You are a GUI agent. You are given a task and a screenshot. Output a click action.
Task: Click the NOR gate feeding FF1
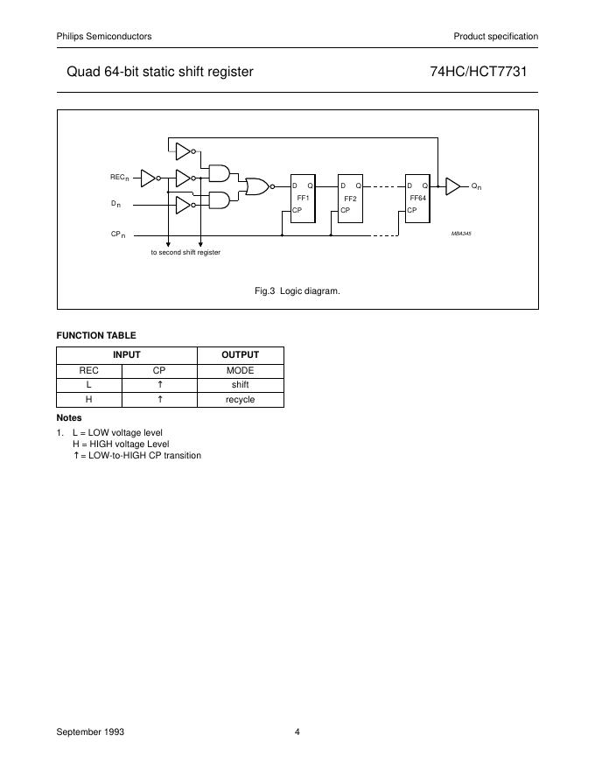pyautogui.click(x=257, y=185)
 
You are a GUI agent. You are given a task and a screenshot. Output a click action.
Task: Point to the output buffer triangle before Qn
pyautogui.click(x=452, y=185)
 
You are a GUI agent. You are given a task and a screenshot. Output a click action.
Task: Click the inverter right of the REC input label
pyautogui.click(x=150, y=178)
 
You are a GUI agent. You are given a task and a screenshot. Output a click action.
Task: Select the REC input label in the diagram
pyautogui.click(x=119, y=178)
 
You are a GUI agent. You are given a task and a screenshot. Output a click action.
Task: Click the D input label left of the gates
pyautogui.click(x=115, y=204)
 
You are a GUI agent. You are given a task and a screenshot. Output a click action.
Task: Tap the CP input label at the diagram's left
pyautogui.click(x=117, y=234)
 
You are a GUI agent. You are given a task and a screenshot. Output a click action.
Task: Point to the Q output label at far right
pyautogui.click(x=476, y=186)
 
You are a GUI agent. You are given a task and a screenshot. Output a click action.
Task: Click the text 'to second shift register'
pyautogui.click(x=185, y=252)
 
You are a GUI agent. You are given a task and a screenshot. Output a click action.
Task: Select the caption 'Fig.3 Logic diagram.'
pyautogui.click(x=297, y=290)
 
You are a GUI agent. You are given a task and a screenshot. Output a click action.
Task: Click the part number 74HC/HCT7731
pyautogui.click(x=478, y=72)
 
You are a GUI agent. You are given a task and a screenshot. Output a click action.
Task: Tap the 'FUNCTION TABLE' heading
pyautogui.click(x=96, y=335)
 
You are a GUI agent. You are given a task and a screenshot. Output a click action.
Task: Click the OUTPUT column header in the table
pyautogui.click(x=240, y=354)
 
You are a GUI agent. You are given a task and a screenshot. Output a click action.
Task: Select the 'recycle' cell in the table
pyautogui.click(x=240, y=399)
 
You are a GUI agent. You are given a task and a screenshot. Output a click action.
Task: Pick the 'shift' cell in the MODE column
pyautogui.click(x=240, y=384)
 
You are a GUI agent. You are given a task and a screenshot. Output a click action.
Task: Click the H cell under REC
pyautogui.click(x=88, y=399)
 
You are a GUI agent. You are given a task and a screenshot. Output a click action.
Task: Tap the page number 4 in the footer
pyautogui.click(x=297, y=732)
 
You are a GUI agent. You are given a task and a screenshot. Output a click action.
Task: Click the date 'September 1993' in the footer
pyautogui.click(x=90, y=732)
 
